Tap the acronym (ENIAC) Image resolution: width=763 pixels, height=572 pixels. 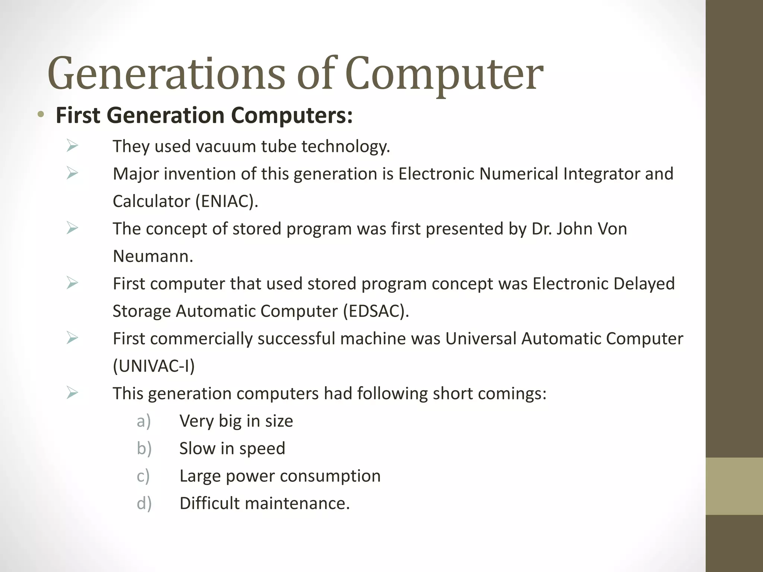pyautogui.click(x=227, y=201)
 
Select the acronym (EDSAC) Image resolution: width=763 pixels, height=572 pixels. pyautogui.click(x=376, y=311)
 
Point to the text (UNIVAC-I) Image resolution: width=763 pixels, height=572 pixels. pyautogui.click(x=154, y=366)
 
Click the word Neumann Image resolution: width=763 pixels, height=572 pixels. pyautogui.click(x=153, y=256)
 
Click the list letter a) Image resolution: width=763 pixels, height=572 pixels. pyautogui.click(x=144, y=421)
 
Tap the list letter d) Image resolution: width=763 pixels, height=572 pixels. pyautogui.click(x=144, y=503)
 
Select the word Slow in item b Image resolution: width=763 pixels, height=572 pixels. pyautogui.click(x=197, y=448)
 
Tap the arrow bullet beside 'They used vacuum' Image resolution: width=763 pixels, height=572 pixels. pyautogui.click(x=72, y=146)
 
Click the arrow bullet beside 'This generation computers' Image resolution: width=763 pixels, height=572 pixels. pyautogui.click(x=72, y=393)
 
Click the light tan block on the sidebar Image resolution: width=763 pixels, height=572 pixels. pyautogui.click(x=734, y=486)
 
